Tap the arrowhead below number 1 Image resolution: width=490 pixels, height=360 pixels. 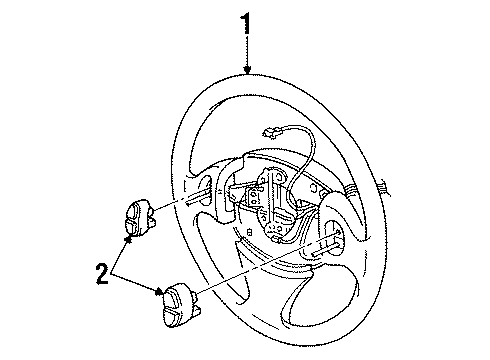[247, 69]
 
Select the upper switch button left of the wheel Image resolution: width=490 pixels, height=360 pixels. [139, 218]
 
